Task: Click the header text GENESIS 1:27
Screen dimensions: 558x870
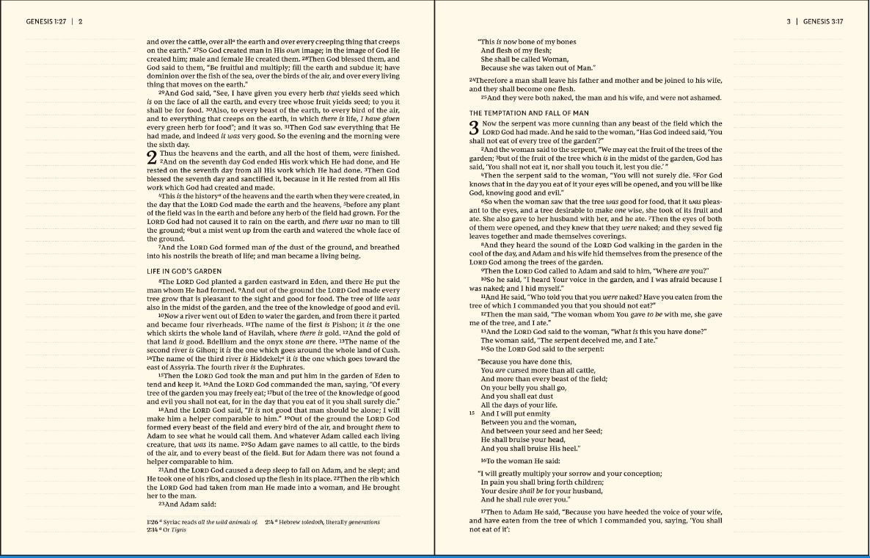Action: pyautogui.click(x=46, y=22)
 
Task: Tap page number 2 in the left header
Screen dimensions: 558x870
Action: pyautogui.click(x=81, y=22)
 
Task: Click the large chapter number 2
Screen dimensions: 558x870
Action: pyautogui.click(x=152, y=157)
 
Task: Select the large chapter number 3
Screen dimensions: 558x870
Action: pyautogui.click(x=475, y=128)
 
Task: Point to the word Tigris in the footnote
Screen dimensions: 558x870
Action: pyautogui.click(x=178, y=529)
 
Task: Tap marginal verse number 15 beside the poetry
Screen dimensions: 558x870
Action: pyautogui.click(x=472, y=413)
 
